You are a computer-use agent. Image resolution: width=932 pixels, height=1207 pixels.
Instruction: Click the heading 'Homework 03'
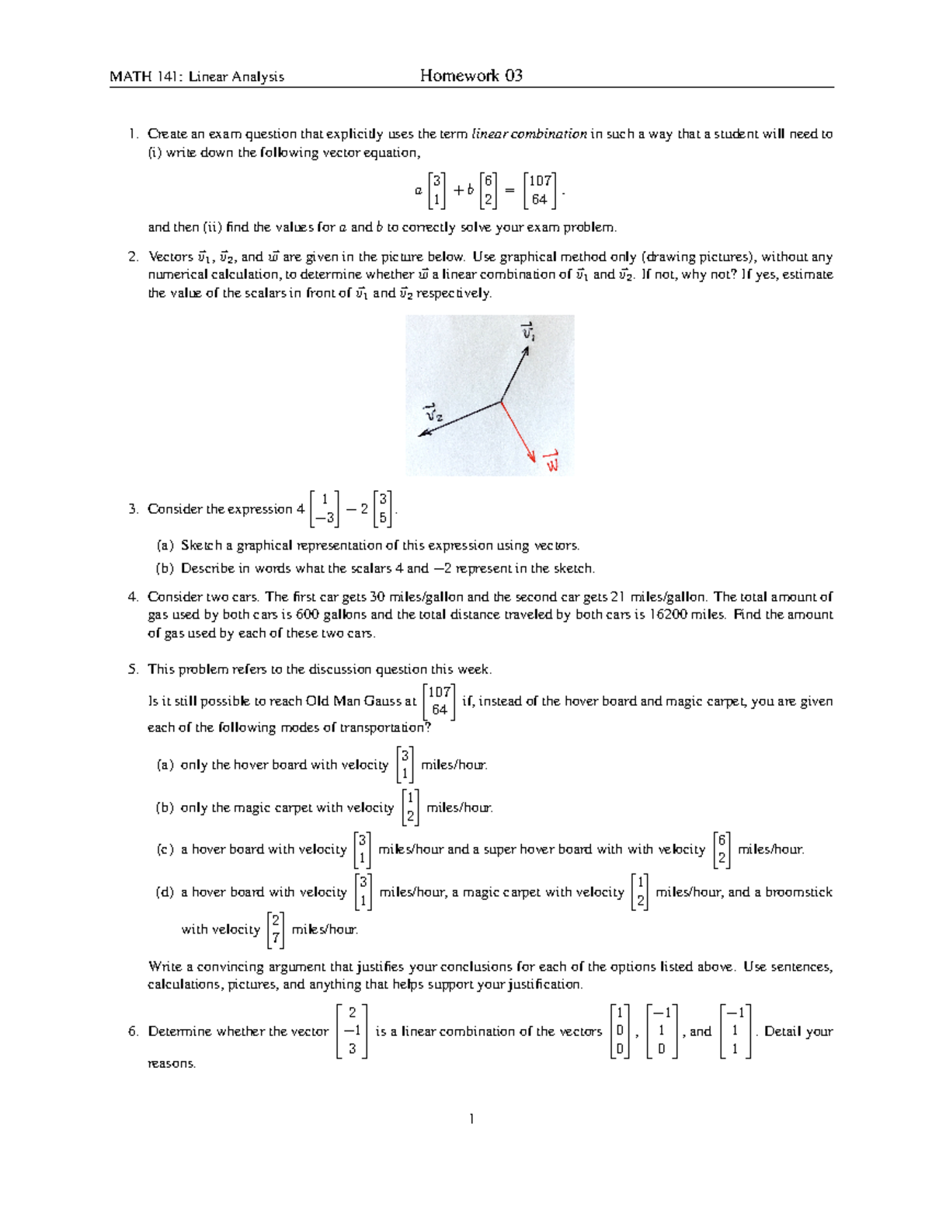pos(471,75)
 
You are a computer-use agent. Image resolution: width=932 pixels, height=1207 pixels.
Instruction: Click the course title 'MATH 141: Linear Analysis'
pos(196,76)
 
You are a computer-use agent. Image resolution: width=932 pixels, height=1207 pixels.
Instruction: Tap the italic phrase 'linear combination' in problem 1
pos(529,134)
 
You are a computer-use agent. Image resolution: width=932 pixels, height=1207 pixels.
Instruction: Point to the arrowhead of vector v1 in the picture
pos(527,349)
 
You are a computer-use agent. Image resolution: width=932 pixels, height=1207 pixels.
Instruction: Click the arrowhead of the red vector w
pos(534,460)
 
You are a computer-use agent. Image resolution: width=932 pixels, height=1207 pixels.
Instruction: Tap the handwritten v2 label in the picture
pos(433,412)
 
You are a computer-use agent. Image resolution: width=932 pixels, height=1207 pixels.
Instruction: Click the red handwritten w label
pos(552,461)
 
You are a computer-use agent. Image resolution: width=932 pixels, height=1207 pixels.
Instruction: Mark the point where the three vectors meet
pos(501,402)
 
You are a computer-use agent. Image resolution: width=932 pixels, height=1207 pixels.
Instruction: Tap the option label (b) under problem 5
pos(164,808)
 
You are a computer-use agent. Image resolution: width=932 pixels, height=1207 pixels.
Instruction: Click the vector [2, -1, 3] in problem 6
pos(352,1031)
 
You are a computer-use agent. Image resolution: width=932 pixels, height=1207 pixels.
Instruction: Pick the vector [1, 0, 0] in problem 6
pos(619,1031)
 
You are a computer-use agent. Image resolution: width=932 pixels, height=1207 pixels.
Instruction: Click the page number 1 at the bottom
pos(471,1119)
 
